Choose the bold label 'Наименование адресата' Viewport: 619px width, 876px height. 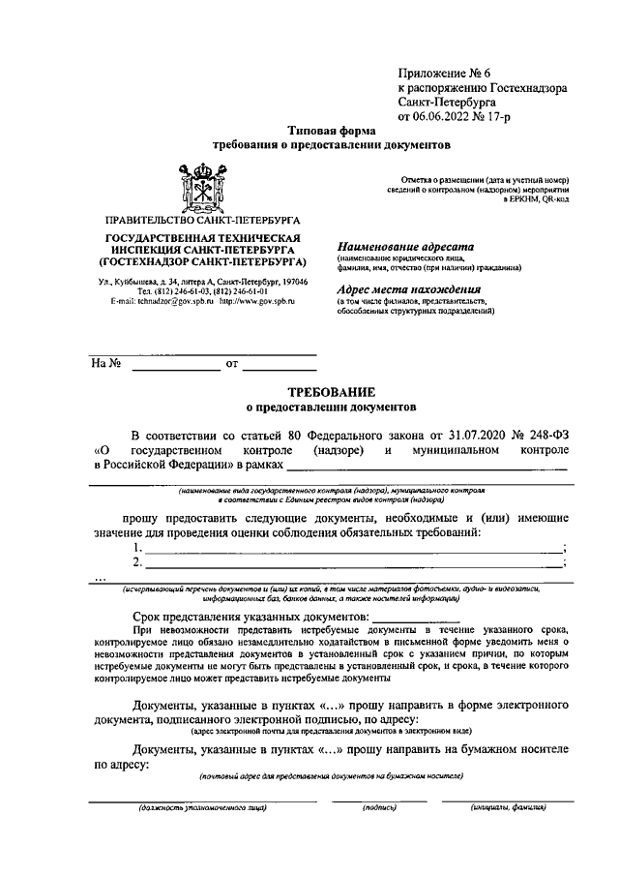tap(399, 246)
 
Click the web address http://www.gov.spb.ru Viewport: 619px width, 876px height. tap(256, 302)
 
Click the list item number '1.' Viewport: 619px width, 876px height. tap(138, 548)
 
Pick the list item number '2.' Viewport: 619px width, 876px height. tap(138, 562)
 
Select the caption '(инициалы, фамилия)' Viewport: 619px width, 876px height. tap(509, 806)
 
